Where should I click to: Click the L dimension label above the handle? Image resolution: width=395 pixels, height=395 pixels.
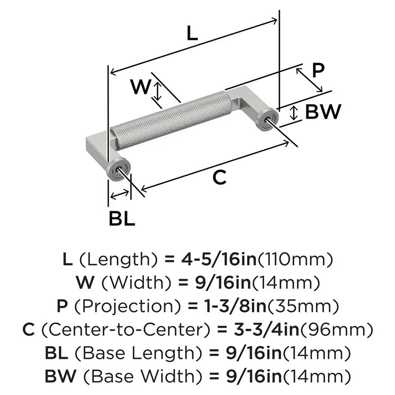coord(192,34)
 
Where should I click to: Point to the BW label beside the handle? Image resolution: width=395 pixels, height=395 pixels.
coord(322,113)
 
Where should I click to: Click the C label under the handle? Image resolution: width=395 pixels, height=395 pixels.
coord(219,178)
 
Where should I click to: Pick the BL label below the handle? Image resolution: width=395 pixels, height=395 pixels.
coord(122,218)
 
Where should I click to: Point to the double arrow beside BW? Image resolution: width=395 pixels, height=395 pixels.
coord(293,113)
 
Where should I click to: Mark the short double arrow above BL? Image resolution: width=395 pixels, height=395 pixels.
coord(120,194)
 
